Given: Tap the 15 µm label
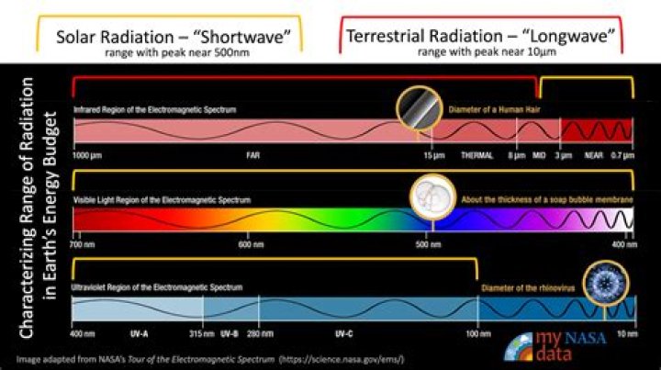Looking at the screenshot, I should (434, 156).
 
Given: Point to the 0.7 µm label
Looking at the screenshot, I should (622, 156).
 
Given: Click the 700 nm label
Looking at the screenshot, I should (84, 245).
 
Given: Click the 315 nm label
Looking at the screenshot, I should (202, 333).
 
